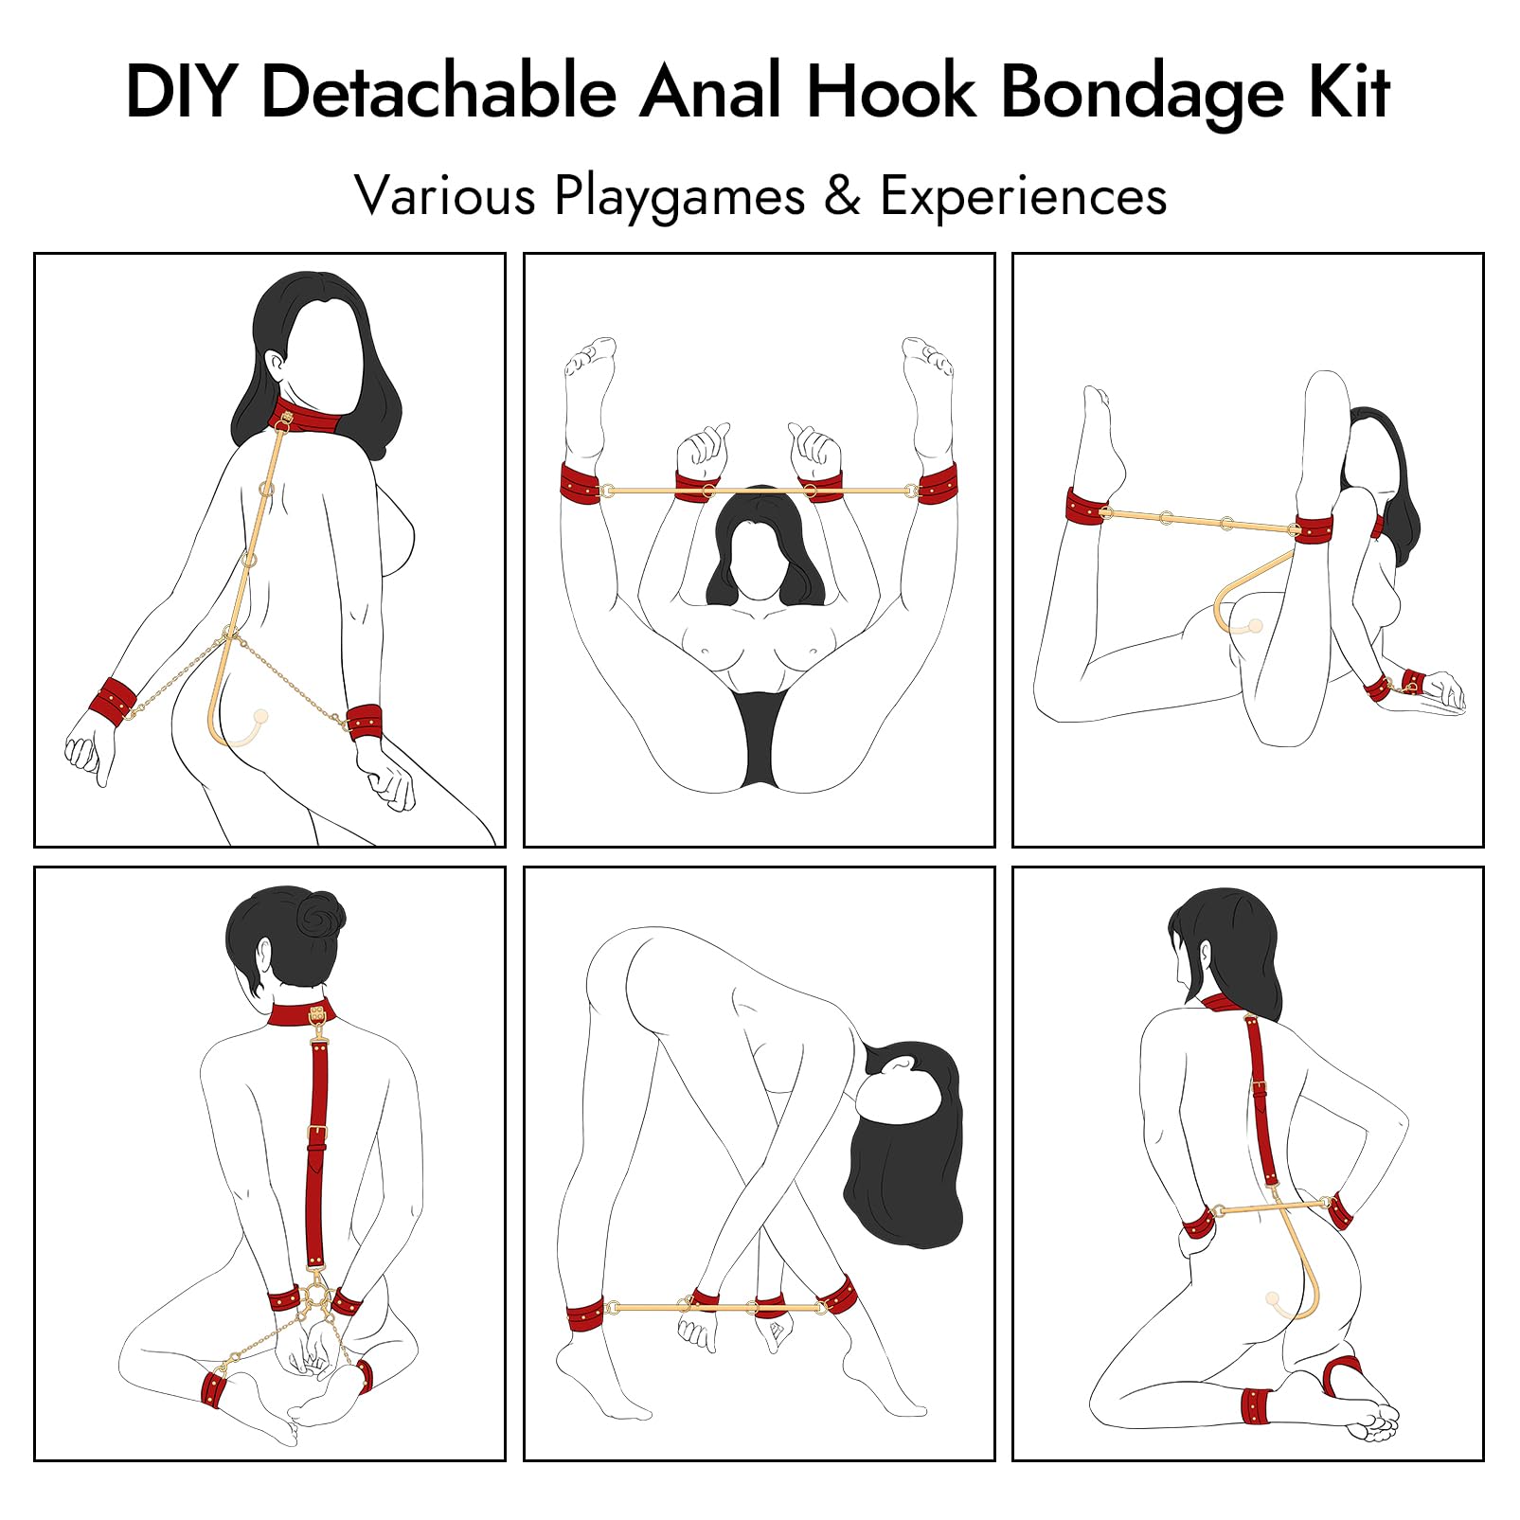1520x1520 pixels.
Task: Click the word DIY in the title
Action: pyautogui.click(x=180, y=92)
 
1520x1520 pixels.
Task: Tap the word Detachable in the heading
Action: pyautogui.click(x=439, y=92)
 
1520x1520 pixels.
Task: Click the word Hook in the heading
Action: pyautogui.click(x=891, y=92)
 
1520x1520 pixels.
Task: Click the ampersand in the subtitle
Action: pyautogui.click(x=842, y=197)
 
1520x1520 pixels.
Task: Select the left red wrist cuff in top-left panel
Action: pyautogui.click(x=114, y=702)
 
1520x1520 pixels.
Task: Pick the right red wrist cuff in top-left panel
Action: pyautogui.click(x=365, y=723)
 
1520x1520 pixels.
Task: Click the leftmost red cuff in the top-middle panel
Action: pyautogui.click(x=580, y=483)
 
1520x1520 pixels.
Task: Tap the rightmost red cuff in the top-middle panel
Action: pyautogui.click(x=937, y=483)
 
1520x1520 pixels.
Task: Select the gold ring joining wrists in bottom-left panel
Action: pyautogui.click(x=315, y=1295)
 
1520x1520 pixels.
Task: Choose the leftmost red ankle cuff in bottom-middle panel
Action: pyautogui.click(x=585, y=1316)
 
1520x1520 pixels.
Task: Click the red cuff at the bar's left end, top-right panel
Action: pyautogui.click(x=1088, y=507)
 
